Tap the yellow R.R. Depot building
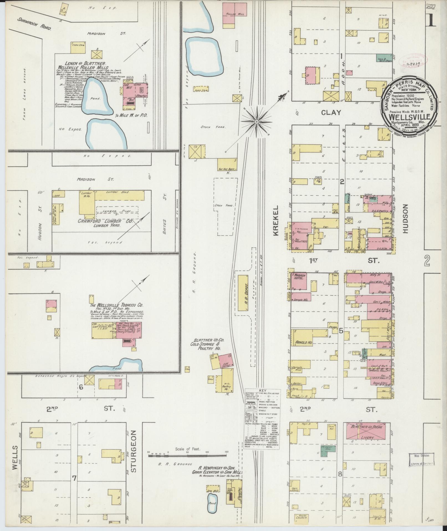tap(243, 293)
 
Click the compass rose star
tap(256, 122)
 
